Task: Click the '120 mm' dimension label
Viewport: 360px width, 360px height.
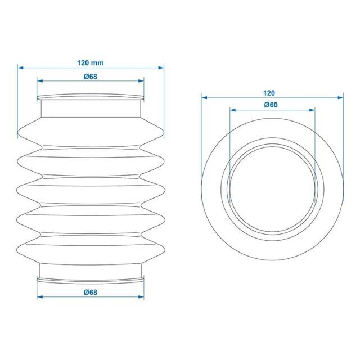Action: click(x=90, y=62)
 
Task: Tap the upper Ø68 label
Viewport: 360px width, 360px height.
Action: click(x=90, y=76)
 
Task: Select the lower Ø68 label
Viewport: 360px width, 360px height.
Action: click(x=90, y=292)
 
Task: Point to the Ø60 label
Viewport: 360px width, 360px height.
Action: click(x=271, y=105)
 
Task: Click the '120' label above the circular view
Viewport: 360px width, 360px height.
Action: click(x=269, y=93)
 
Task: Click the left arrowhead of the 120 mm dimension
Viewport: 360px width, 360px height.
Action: click(x=21, y=67)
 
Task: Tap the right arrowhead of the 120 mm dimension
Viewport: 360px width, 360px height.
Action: click(x=161, y=67)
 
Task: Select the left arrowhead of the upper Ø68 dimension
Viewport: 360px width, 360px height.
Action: click(x=40, y=81)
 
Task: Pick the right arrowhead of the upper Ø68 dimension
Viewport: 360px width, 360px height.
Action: click(x=141, y=81)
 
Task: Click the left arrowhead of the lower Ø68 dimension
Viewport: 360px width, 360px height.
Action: click(x=40, y=297)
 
